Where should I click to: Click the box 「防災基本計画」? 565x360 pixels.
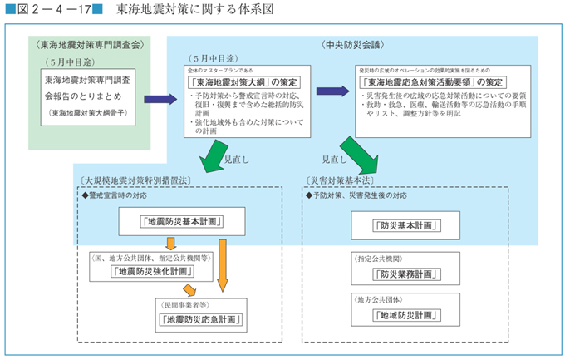pos(396,224)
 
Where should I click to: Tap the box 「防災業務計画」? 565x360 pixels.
pos(396,273)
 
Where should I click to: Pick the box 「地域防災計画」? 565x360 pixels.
pos(396,316)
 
